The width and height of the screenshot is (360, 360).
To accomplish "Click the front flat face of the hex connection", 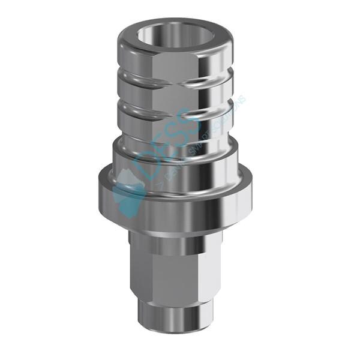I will (180, 270).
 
